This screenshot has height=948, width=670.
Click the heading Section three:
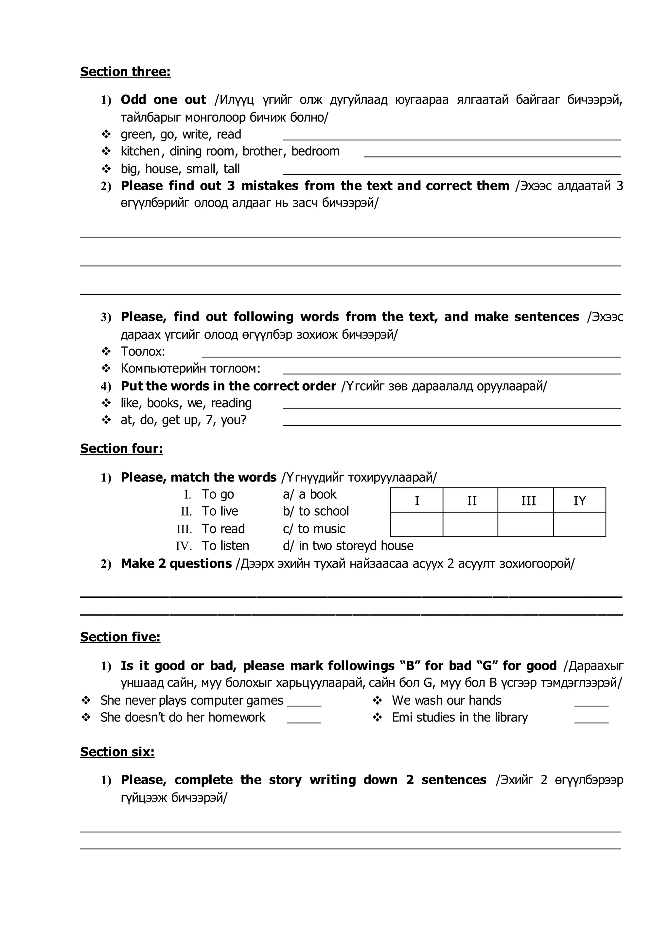pyautogui.click(x=125, y=72)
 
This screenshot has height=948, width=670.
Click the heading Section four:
pyautogui.click(x=121, y=448)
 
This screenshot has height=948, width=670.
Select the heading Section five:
pyautogui.click(x=120, y=637)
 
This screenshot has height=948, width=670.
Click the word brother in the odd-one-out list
pyautogui.click(x=262, y=152)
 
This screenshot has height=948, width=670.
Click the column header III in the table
pyautogui.click(x=528, y=501)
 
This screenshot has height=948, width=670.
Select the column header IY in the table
pyautogui.click(x=579, y=501)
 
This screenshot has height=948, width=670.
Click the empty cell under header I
pyautogui.click(x=417, y=524)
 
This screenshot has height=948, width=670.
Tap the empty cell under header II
pyautogui.click(x=470, y=524)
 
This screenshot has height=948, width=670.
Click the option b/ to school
pyautogui.click(x=316, y=511)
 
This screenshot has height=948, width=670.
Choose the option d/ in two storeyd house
pyautogui.click(x=348, y=546)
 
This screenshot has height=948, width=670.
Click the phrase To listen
pyautogui.click(x=225, y=546)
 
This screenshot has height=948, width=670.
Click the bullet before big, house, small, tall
pyautogui.click(x=106, y=169)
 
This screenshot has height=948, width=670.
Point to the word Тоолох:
pyautogui.click(x=143, y=351)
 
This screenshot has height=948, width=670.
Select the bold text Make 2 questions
pyautogui.click(x=176, y=564)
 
